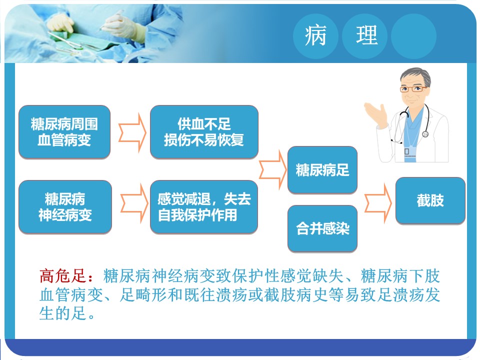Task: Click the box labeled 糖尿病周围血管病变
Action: click(64, 132)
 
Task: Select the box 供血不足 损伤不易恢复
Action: click(204, 132)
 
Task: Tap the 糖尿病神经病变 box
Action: click(65, 207)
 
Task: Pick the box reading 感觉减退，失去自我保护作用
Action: click(204, 207)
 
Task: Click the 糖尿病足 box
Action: click(322, 170)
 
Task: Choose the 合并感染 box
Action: click(322, 228)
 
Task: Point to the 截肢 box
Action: click(430, 200)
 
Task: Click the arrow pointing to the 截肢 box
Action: click(378, 202)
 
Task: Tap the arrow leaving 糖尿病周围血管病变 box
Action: click(132, 132)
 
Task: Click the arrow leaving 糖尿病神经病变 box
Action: click(134, 203)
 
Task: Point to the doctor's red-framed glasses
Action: click(413, 89)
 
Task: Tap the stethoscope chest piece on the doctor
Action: click(425, 134)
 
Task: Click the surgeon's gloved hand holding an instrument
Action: click(121, 24)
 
